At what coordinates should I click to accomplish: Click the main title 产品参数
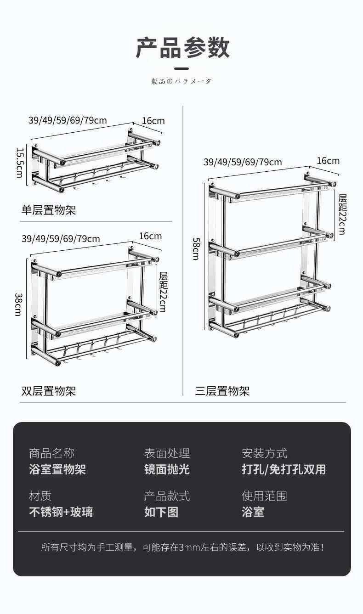point(182,47)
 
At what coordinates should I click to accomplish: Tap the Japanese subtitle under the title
point(181,81)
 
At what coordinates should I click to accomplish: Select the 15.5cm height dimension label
point(19,163)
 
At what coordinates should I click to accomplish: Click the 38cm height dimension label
point(18,304)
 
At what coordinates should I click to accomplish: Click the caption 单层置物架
point(49,210)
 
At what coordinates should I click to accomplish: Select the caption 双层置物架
point(49,391)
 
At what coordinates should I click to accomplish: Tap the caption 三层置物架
point(222,391)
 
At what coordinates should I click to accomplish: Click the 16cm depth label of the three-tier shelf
point(328,160)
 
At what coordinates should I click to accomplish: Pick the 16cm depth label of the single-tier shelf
point(153,121)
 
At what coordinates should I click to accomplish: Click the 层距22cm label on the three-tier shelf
point(342,214)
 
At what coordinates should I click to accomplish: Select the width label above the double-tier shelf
point(61,239)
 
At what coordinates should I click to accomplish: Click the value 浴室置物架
point(57,469)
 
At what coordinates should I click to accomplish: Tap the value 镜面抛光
point(167,469)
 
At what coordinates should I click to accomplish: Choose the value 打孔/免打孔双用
point(284,469)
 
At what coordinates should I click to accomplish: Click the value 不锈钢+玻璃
point(61,512)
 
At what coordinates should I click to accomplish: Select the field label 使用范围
point(264,496)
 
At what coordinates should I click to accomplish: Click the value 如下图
point(161,512)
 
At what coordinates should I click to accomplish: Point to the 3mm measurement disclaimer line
point(183,547)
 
